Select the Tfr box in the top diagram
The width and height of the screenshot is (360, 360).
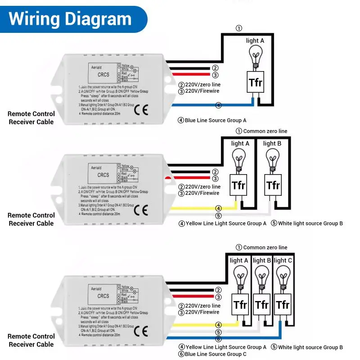tap(255, 83)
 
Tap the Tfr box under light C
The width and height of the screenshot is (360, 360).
tap(283, 305)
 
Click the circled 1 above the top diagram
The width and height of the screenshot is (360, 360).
tap(239, 28)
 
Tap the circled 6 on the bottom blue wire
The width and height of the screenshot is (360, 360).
tap(218, 339)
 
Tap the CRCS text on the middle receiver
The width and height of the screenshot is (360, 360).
tap(103, 175)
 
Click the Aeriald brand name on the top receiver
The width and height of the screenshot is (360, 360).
tap(96, 67)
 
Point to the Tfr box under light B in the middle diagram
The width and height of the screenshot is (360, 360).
tap(273, 185)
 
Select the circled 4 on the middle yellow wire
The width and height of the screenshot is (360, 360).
tap(218, 208)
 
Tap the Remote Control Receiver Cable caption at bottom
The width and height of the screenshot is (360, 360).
tap(31, 340)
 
